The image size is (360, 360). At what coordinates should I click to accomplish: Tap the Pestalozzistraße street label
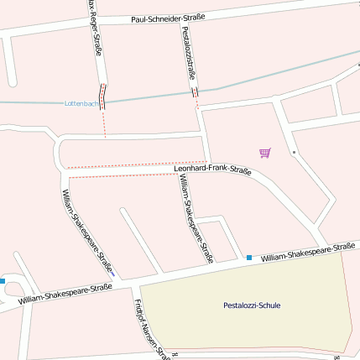click(188, 53)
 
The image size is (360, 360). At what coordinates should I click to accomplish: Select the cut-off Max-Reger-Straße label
click(95, 30)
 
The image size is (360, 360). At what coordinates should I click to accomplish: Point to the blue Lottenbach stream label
click(81, 103)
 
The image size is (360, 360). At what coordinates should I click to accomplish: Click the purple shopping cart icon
click(265, 153)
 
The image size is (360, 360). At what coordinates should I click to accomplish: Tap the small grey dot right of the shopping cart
click(295, 153)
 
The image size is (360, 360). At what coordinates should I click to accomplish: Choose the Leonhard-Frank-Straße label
click(212, 170)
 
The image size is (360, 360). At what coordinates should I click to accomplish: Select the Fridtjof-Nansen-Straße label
click(151, 328)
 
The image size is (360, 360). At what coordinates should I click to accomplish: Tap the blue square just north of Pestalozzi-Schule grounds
click(249, 258)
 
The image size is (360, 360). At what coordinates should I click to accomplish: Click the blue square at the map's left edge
click(3, 280)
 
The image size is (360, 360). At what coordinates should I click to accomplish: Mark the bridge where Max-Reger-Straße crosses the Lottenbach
click(103, 97)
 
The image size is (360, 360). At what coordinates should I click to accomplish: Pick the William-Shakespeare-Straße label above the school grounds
click(307, 252)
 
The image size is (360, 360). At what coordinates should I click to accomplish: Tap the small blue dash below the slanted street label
click(112, 274)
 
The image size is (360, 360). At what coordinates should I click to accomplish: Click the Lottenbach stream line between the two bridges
click(149, 97)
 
